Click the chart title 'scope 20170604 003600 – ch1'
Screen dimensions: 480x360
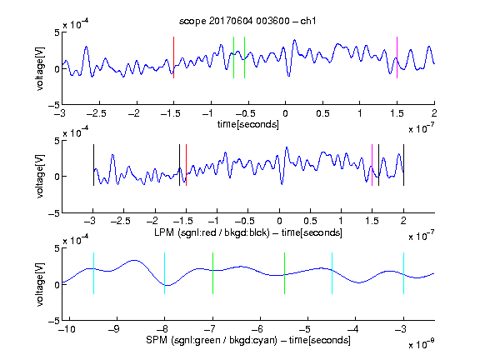[247, 21]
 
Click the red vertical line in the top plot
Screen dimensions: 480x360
[173, 57]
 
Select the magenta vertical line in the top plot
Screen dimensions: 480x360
[397, 57]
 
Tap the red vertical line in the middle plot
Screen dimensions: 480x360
[186, 165]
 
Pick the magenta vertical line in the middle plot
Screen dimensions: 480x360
[372, 165]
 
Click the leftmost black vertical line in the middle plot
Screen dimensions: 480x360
[93, 165]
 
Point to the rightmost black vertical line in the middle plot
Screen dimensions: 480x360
[403, 165]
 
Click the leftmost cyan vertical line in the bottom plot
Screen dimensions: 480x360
[93, 273]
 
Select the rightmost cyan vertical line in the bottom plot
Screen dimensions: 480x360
[403, 273]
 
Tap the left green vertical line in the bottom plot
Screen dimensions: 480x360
[212, 273]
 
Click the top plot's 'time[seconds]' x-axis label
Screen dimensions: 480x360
[248, 124]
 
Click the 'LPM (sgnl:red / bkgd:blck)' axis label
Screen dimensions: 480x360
[212, 232]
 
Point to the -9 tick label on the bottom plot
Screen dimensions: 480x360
[114, 329]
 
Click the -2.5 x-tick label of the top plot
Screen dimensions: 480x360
[96, 113]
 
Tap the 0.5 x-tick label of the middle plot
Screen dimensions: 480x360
[310, 221]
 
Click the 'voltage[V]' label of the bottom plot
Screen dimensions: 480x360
[40, 284]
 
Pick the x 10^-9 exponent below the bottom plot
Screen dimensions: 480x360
[421, 343]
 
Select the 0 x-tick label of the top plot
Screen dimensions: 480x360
[285, 113]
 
